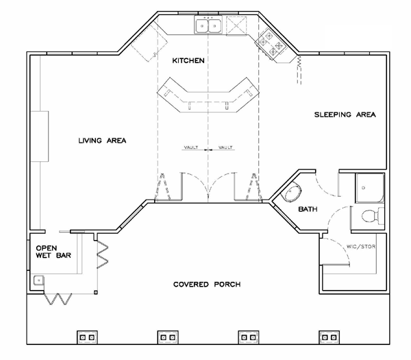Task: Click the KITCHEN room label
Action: tap(188, 60)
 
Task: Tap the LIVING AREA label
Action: tap(102, 141)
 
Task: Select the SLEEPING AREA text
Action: tap(345, 115)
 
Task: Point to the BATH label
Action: tap(308, 209)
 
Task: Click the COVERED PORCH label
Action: tap(207, 285)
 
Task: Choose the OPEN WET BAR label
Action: tap(53, 252)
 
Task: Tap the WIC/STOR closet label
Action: tap(361, 247)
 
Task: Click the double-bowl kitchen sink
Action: tap(208, 25)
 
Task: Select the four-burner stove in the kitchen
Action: tap(271, 44)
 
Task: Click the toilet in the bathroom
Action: tap(372, 216)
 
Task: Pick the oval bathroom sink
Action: tap(291, 192)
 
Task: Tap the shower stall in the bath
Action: tap(370, 188)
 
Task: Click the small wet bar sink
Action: tap(39, 280)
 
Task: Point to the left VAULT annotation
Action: tap(191, 147)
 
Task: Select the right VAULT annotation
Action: tap(225, 147)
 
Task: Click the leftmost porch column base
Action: tap(87, 337)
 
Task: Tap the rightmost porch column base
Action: tap(329, 337)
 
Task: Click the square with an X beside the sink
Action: tap(237, 25)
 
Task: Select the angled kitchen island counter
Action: tap(208, 95)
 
